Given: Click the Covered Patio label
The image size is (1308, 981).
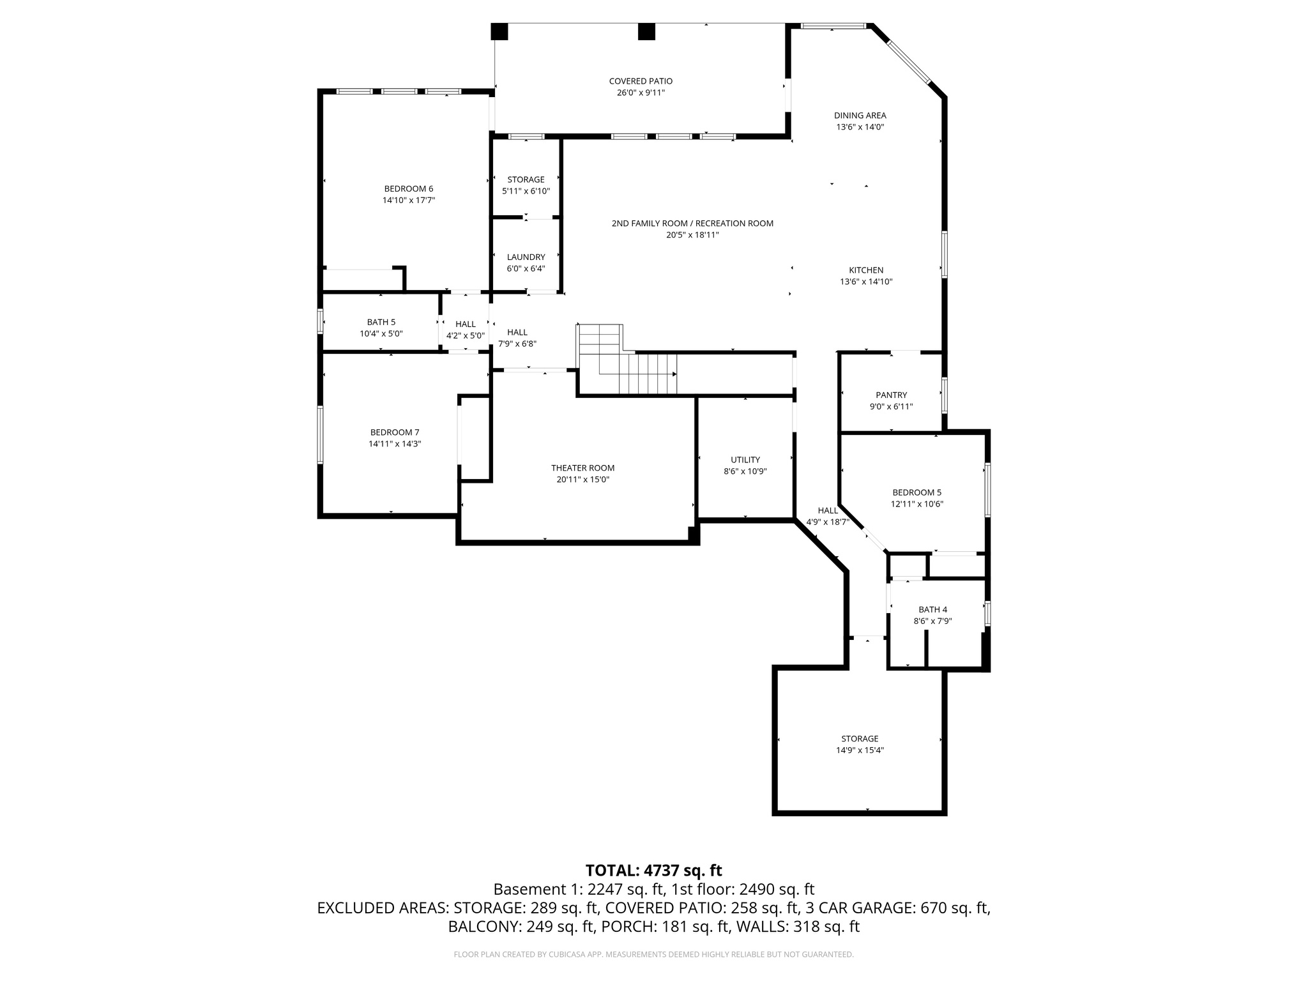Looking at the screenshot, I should [641, 81].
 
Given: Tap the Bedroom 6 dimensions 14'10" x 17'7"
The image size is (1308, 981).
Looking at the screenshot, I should [409, 201].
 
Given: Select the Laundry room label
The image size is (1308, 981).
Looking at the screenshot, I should [526, 257].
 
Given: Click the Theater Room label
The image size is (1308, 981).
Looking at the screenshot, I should [582, 468].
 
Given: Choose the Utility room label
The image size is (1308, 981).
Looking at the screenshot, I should [745, 460].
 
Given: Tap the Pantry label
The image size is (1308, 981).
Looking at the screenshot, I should [891, 395].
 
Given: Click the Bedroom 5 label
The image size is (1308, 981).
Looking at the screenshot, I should [916, 492].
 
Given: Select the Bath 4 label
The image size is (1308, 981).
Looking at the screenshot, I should [932, 609].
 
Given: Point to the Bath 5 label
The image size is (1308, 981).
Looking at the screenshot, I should [381, 322].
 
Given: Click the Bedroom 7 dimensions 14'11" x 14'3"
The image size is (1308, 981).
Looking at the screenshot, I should [395, 444].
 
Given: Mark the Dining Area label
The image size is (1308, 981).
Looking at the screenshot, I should [860, 116].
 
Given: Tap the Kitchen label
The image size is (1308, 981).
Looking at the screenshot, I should [865, 270].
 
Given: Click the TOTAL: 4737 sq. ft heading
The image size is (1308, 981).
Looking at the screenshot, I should [653, 870].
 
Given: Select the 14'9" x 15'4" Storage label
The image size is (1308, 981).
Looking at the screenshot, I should [860, 750].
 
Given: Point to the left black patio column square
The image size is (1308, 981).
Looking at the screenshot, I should [499, 31].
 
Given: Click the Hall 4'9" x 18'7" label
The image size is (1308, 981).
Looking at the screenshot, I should [827, 516].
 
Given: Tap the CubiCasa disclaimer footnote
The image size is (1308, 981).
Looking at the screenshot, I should [653, 955].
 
